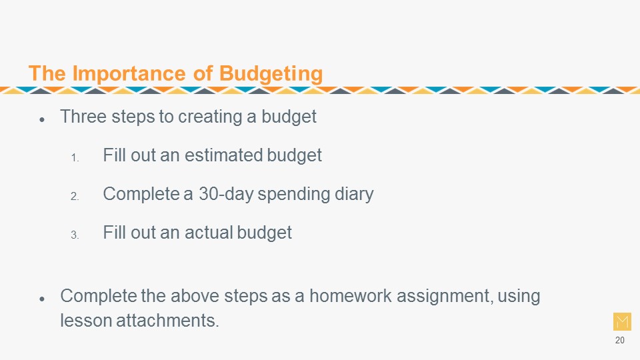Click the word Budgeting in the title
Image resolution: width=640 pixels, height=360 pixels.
tap(271, 74)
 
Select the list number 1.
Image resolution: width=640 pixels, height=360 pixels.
tap(75, 157)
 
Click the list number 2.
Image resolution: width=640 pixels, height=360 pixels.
tap(75, 196)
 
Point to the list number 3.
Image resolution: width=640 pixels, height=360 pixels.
tap(75, 235)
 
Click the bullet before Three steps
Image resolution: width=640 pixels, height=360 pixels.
tap(42, 119)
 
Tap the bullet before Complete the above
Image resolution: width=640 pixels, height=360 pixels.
tap(42, 299)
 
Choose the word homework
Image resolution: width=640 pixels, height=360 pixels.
tap(350, 296)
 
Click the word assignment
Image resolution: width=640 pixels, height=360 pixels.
tap(445, 297)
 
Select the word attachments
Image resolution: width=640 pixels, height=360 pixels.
tap(167, 321)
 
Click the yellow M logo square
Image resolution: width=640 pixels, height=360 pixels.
tap(622, 321)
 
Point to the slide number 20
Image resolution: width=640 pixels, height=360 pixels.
tap(619, 340)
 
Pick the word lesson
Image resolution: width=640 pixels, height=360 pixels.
tap(86, 321)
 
